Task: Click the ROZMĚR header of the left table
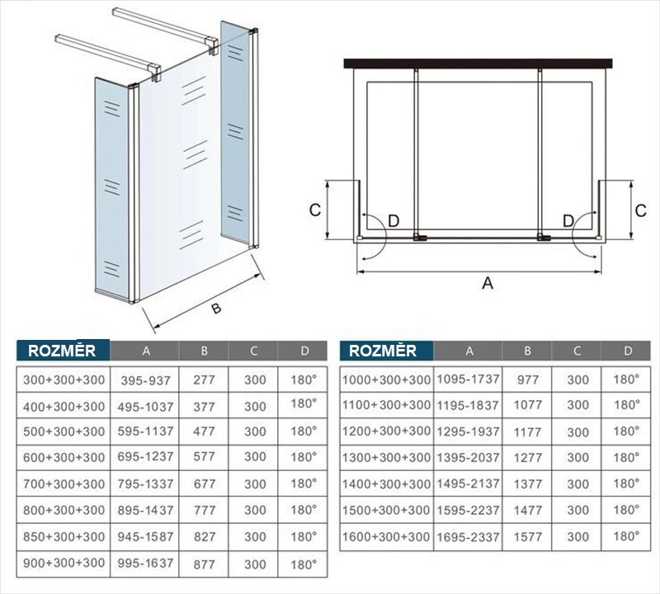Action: coord(62,351)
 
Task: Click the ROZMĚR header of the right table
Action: coord(383,351)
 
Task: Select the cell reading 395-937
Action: coord(146,380)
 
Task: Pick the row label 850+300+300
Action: coord(64,536)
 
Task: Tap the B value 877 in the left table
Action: coord(204,564)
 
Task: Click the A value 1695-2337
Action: coord(468,537)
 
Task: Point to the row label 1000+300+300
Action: coord(386,379)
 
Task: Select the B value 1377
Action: coord(528,484)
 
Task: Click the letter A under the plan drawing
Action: coord(488,283)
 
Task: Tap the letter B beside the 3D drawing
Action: coord(216,309)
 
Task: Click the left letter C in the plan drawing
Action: coord(315,210)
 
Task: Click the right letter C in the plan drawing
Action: coord(641,210)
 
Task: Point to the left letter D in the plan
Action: coord(394,220)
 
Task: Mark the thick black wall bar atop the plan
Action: coord(478,64)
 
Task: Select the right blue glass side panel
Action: coord(235,132)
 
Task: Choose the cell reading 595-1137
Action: coord(146,431)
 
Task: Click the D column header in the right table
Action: coord(628,351)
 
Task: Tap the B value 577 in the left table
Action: coord(204,456)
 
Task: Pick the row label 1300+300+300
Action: coord(386,458)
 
